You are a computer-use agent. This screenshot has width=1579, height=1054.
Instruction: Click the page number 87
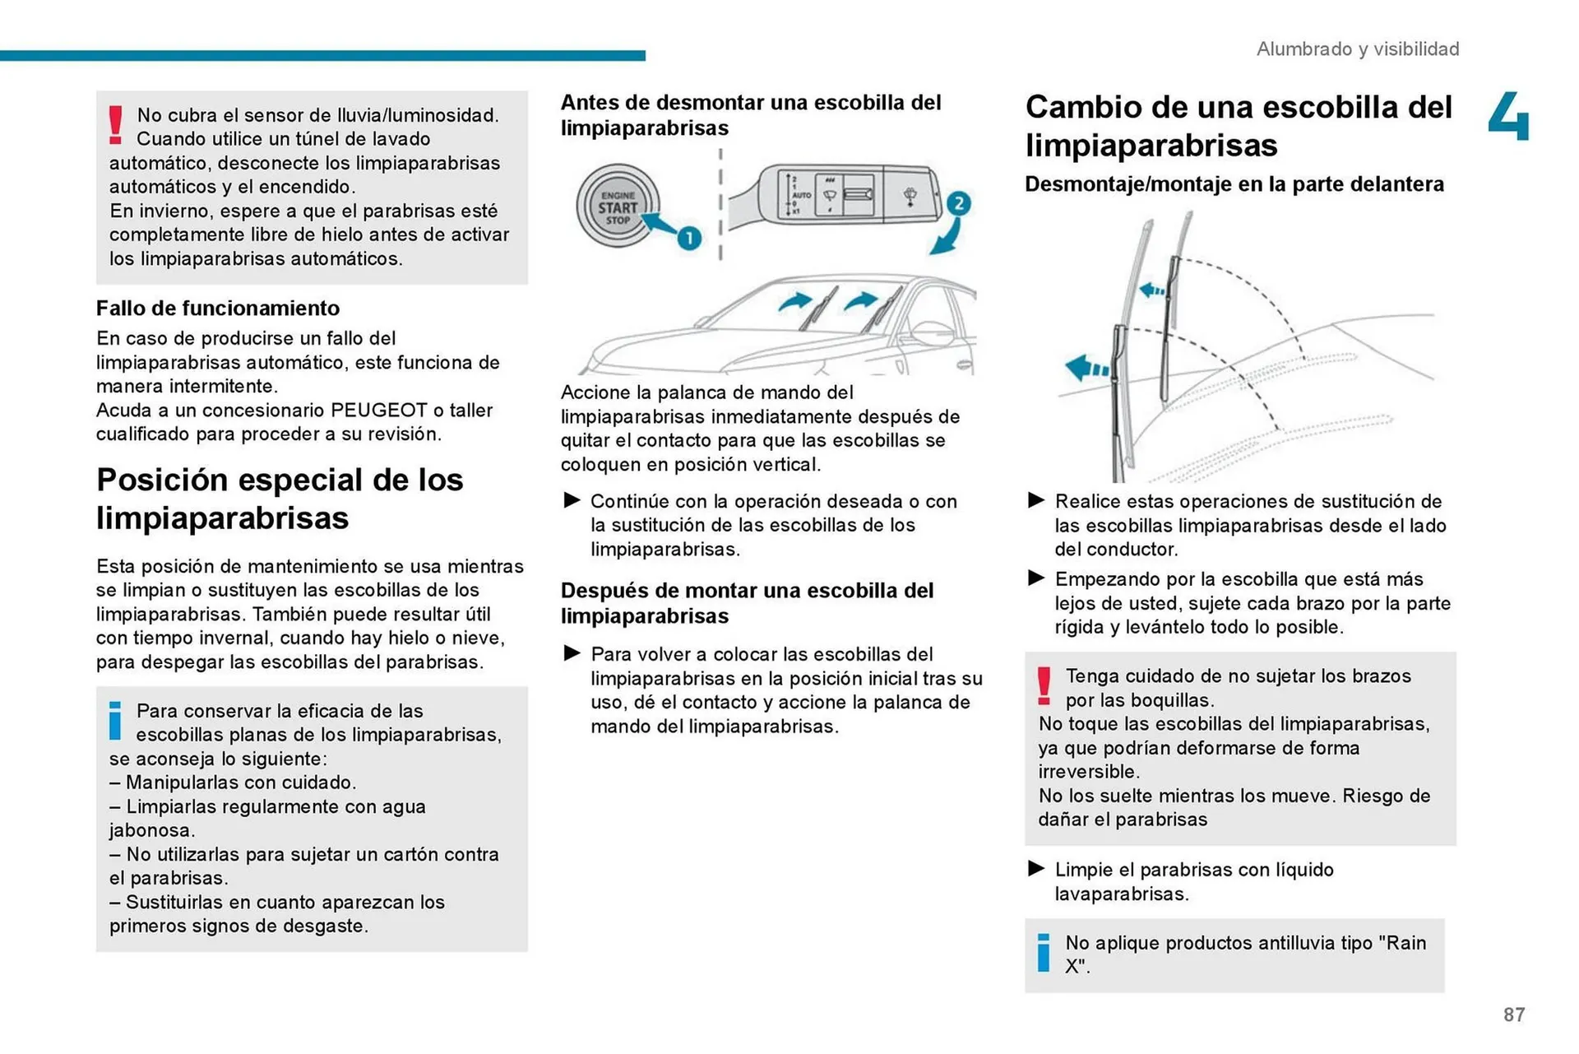(x=1513, y=1015)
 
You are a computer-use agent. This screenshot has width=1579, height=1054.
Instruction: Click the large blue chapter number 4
(x=1509, y=117)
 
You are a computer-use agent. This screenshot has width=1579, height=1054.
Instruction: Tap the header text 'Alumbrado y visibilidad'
(x=1357, y=49)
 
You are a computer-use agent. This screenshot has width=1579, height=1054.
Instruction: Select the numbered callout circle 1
(x=688, y=239)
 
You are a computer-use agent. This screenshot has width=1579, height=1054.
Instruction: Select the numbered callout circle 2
(x=958, y=203)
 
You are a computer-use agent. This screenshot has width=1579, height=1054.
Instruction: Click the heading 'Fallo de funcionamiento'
(x=218, y=309)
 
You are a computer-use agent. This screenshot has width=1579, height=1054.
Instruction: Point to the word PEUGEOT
(x=378, y=411)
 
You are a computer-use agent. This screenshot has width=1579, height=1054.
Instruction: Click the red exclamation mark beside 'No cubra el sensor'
(x=116, y=125)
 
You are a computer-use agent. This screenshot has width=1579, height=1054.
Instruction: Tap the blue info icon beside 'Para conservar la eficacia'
(x=115, y=721)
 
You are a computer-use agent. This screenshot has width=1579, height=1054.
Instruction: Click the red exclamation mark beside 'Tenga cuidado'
(x=1044, y=686)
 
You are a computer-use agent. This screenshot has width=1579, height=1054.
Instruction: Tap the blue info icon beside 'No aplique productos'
(x=1043, y=953)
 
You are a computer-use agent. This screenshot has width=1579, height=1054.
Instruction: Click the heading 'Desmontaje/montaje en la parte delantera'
(x=1234, y=184)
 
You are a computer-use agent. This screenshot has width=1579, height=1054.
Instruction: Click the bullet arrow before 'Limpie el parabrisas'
(x=1036, y=868)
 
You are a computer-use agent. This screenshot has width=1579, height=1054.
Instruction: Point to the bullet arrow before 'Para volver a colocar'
(x=572, y=653)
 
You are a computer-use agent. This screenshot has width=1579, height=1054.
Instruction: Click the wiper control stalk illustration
(x=847, y=194)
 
